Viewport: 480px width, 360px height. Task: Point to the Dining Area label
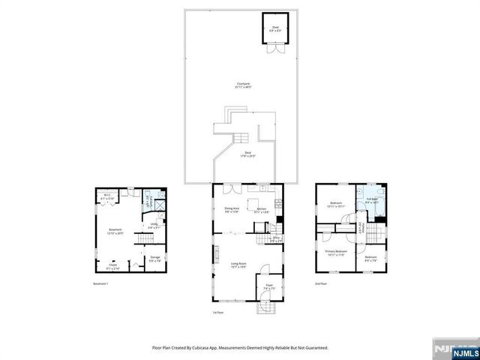tap(231, 209)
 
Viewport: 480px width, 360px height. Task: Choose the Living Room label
tap(239, 263)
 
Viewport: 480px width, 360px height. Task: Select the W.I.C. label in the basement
tap(106, 196)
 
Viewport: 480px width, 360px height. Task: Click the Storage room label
tap(154, 257)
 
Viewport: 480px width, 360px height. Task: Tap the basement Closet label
tap(112, 265)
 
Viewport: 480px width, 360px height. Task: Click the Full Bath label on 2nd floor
tap(371, 200)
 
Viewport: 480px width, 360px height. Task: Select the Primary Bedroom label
tap(335, 252)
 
